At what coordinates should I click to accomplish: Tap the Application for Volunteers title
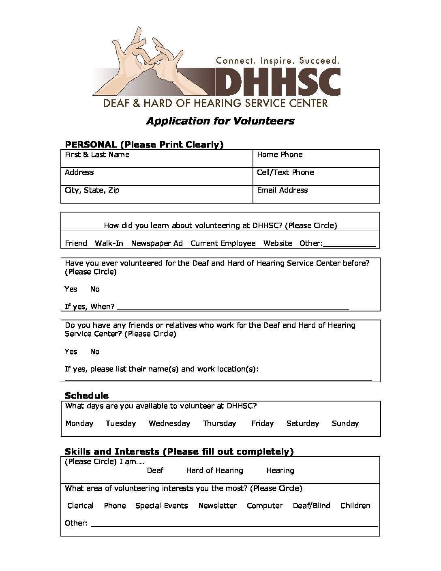tap(220, 121)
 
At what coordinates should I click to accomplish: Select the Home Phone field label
tap(280, 155)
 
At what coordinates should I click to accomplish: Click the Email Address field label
tap(282, 190)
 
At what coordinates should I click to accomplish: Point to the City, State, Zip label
tap(92, 190)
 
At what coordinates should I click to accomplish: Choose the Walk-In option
tap(109, 243)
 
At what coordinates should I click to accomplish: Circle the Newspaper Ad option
tap(157, 243)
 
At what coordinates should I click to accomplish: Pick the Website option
tap(278, 243)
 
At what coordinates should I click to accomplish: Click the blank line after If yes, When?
tap(233, 307)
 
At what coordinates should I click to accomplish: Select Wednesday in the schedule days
tap(169, 423)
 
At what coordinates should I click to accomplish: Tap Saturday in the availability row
tap(303, 423)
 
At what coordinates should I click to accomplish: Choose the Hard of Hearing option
tap(215, 470)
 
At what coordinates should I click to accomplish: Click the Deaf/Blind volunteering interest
tap(312, 506)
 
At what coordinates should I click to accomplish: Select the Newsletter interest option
tap(218, 506)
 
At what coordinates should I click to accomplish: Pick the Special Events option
tap(162, 506)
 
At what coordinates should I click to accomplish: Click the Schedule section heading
tap(87, 395)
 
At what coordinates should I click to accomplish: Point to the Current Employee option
tap(223, 243)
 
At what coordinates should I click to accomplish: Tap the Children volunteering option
tap(355, 506)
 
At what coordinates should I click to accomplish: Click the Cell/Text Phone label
tap(285, 172)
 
